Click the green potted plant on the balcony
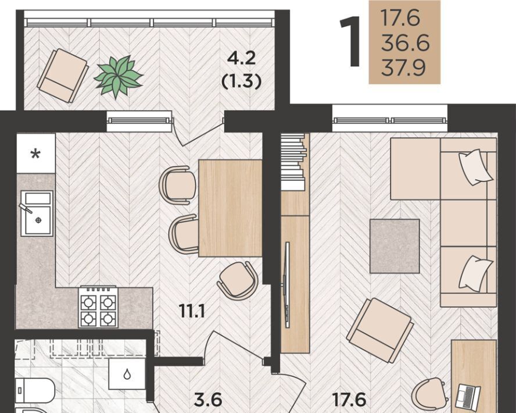point(118,77)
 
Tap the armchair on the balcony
point(63,76)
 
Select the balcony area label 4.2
point(242,59)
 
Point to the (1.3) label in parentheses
point(242,81)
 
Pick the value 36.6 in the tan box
point(405,43)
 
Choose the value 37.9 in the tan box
point(403,68)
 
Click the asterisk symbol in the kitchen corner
point(35,154)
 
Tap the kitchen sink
point(37,213)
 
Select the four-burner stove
point(98,307)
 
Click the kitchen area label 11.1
point(192,311)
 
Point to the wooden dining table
point(230,208)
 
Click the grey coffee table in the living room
point(395,246)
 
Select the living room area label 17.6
point(349,400)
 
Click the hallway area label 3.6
point(208,400)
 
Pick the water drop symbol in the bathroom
point(127,375)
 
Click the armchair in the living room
point(380,330)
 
